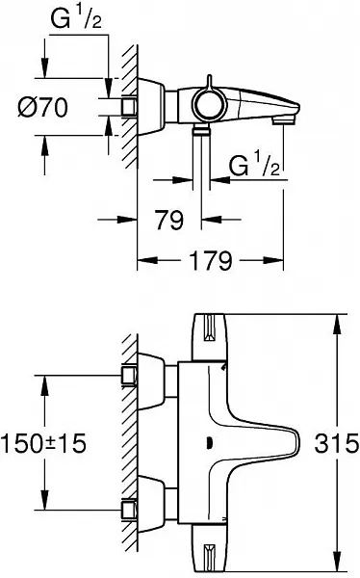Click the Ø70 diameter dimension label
[42, 107]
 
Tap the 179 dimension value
[211, 261]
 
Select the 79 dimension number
[169, 220]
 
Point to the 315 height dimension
[336, 443]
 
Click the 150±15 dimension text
[43, 443]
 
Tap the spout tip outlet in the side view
[285, 119]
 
